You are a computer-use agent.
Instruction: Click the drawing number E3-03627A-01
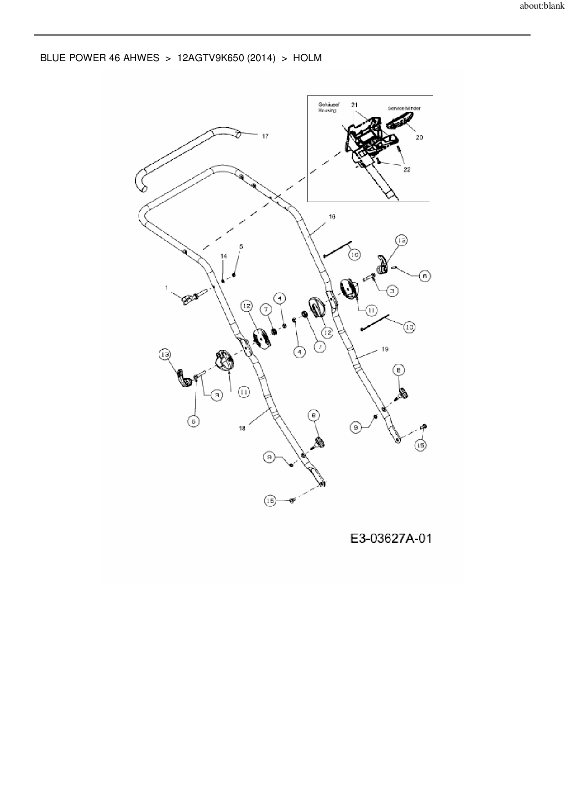(x=390, y=539)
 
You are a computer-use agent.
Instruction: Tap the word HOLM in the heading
(x=307, y=58)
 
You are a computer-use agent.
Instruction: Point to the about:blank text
(x=542, y=7)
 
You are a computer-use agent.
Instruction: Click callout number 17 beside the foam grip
(x=265, y=136)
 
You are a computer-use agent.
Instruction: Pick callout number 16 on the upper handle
(x=332, y=217)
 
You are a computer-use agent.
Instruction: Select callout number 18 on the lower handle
(x=242, y=428)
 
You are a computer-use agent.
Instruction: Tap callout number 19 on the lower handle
(x=384, y=349)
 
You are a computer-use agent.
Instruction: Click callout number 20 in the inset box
(x=419, y=137)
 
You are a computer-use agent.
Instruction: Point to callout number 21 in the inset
(x=354, y=105)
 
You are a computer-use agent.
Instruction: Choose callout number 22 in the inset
(x=407, y=169)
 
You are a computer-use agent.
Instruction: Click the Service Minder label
(x=404, y=108)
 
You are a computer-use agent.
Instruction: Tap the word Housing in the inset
(x=327, y=110)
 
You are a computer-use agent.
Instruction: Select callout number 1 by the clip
(x=167, y=287)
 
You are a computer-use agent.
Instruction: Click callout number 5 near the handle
(x=241, y=246)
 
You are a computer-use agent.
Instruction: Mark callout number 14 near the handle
(x=224, y=256)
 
